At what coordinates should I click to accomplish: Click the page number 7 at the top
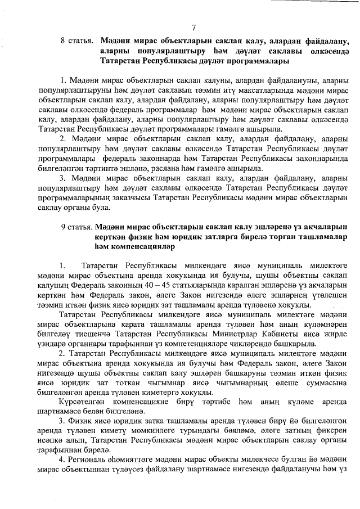[x=193, y=28]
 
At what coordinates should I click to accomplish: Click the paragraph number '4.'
[x=62, y=460]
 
